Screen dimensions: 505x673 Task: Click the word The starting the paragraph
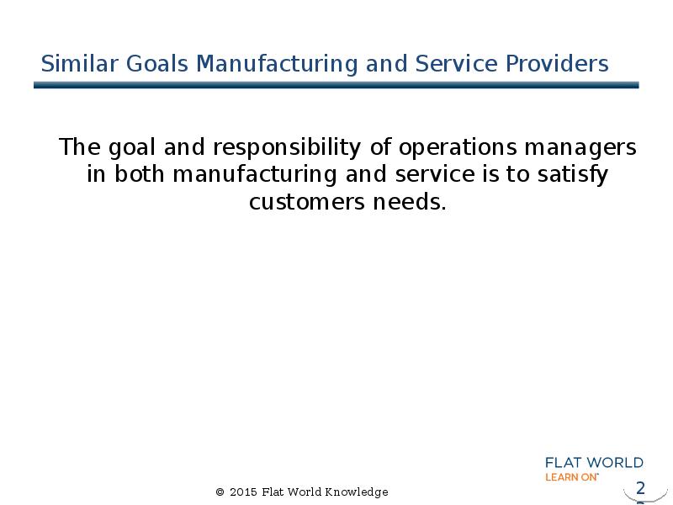(x=79, y=148)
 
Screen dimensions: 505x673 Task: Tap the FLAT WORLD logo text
(x=594, y=463)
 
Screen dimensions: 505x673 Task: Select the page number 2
(x=640, y=488)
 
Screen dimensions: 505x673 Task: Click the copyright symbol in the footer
(x=220, y=492)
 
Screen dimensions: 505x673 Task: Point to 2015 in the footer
(x=243, y=492)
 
